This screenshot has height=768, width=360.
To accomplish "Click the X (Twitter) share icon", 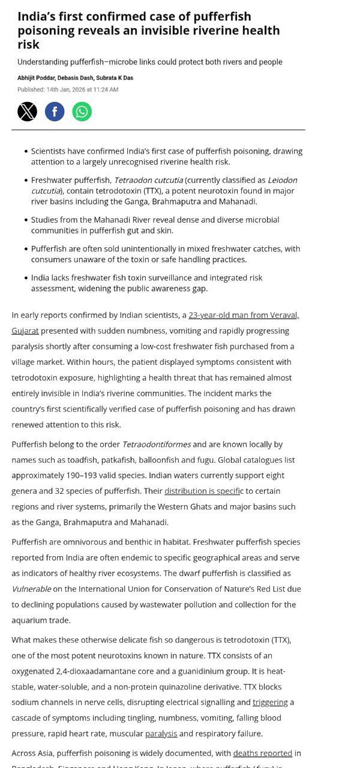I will [x=27, y=112].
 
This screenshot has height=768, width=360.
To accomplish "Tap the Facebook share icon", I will [x=55, y=112].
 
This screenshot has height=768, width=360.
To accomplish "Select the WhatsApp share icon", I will [x=82, y=112].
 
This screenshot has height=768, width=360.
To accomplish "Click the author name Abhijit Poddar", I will [x=35, y=78].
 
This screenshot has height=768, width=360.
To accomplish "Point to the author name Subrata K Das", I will [x=114, y=78].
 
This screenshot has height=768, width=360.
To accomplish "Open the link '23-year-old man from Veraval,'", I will [x=244, y=315].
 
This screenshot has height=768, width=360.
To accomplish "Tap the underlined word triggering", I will [x=270, y=702].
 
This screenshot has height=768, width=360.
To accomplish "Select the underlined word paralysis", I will [x=161, y=733].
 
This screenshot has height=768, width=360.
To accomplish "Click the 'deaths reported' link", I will [x=262, y=753].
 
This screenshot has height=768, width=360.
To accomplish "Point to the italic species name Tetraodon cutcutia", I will [x=148, y=180].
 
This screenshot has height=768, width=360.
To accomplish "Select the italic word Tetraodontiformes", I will [x=157, y=444].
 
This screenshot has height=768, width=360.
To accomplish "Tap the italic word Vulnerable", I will [x=31, y=589].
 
